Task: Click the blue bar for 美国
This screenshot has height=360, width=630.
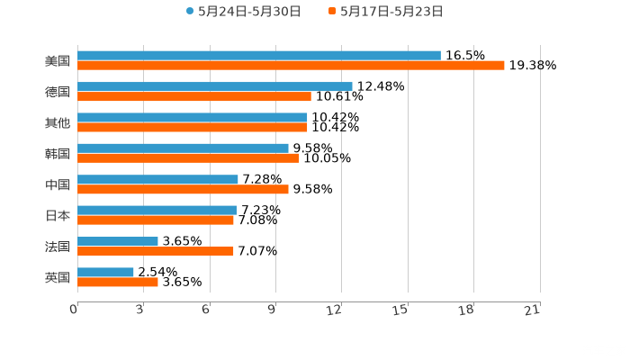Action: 259,56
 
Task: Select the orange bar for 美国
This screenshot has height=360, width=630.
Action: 291,66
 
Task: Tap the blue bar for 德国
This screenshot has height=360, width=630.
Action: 215,87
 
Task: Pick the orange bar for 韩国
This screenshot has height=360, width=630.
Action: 188,158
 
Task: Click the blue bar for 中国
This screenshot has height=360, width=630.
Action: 157,180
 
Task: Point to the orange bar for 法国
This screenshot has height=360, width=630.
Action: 156,251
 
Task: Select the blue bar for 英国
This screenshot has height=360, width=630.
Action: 105,273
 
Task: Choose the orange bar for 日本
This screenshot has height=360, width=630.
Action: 156,220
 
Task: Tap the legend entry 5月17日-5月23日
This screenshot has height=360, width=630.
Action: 391,12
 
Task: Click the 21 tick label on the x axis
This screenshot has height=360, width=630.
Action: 532,310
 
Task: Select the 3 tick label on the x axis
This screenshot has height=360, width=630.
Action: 139,310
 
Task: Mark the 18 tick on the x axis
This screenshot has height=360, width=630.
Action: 466,310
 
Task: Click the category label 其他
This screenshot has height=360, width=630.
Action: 58,122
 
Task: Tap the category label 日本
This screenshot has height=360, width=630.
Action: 58,215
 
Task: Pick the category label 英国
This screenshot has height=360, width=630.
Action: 58,277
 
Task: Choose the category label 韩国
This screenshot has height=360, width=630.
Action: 58,153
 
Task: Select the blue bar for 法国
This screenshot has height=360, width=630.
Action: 118,241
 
